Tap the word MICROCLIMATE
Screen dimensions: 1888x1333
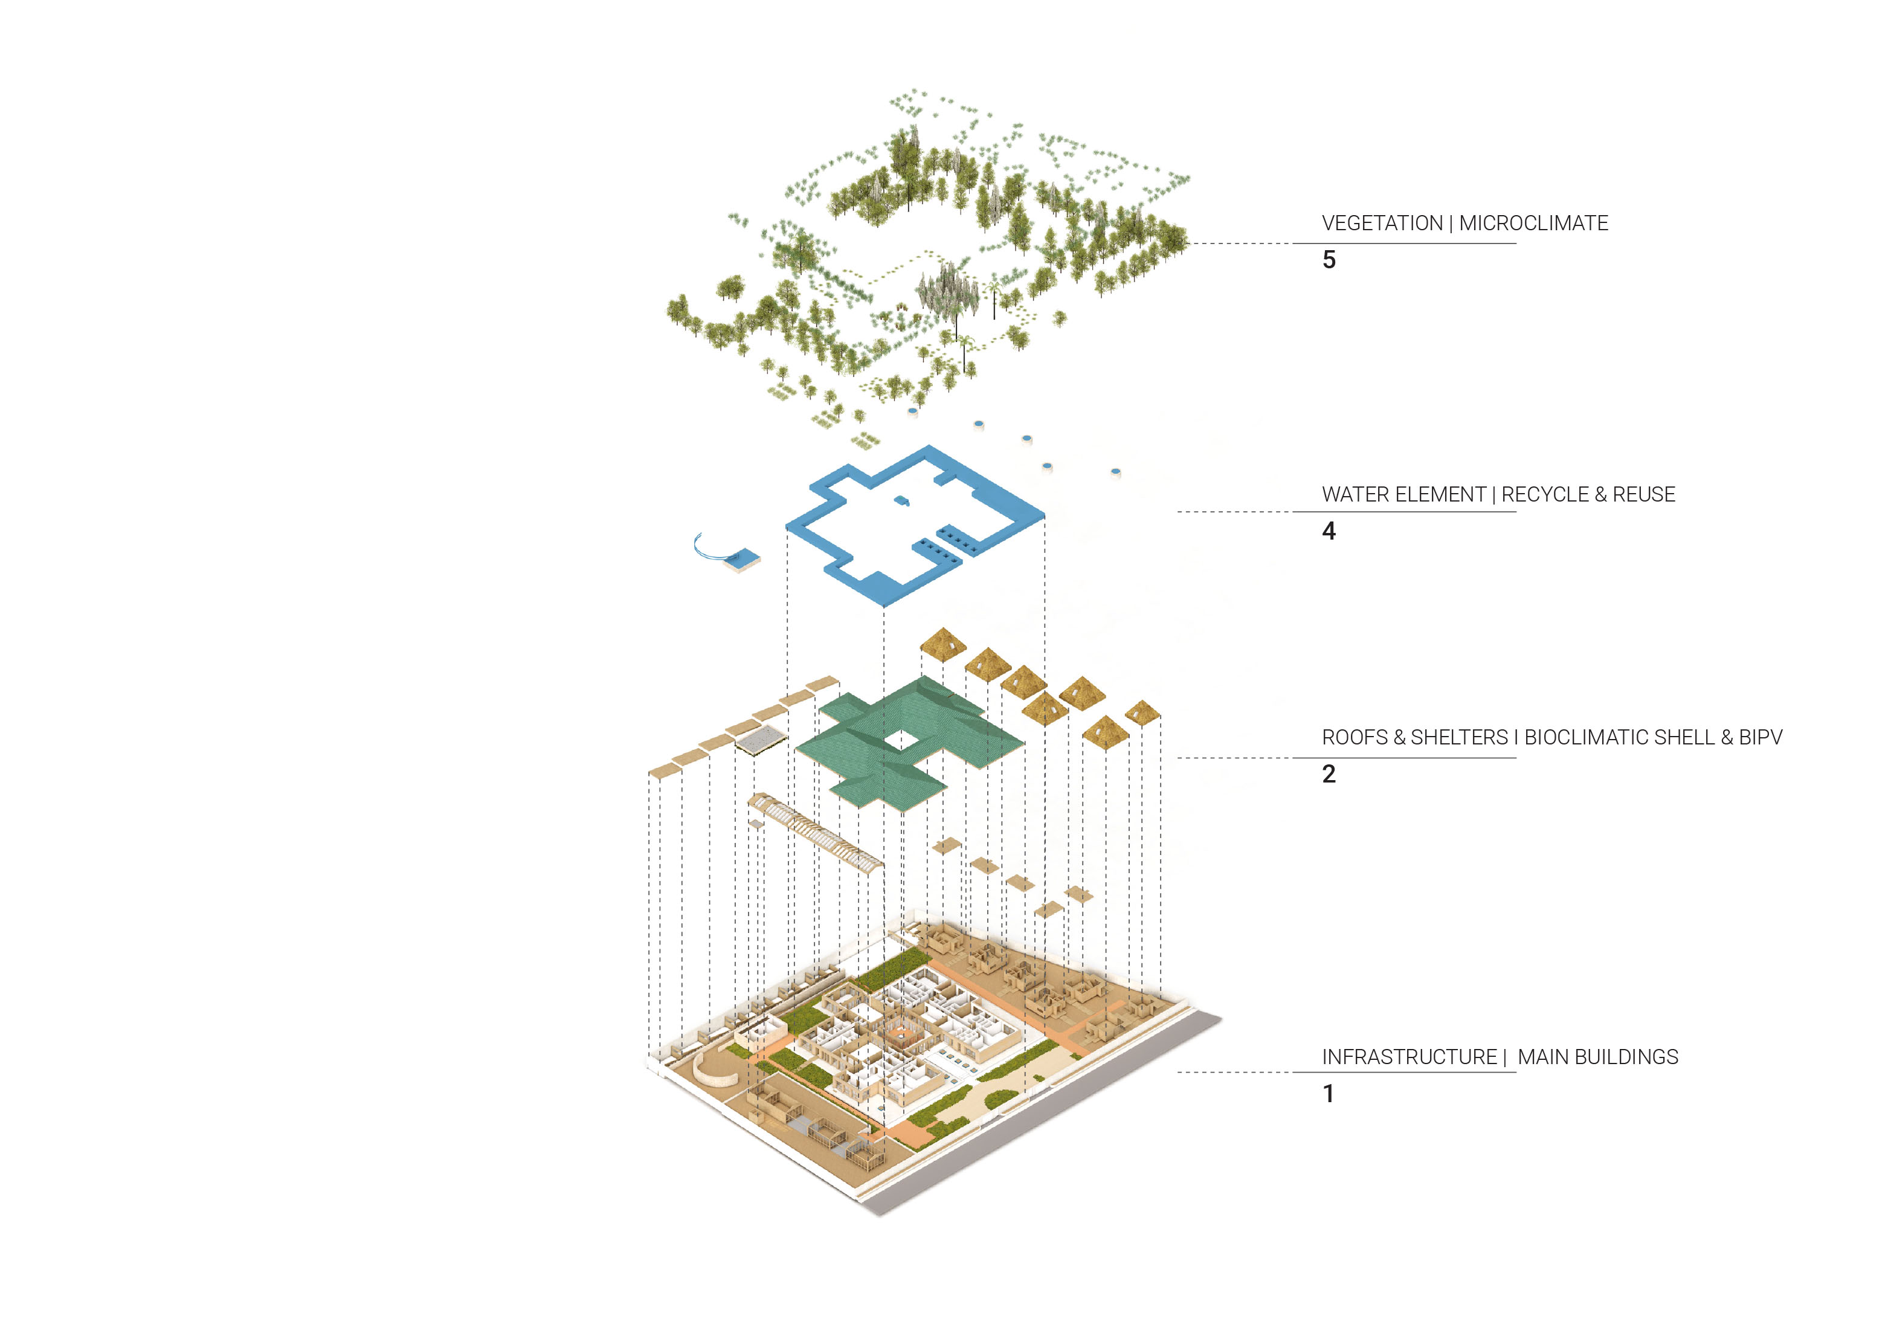1533,223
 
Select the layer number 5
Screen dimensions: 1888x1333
1329,260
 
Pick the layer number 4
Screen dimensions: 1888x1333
1329,531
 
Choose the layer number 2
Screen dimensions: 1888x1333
1329,774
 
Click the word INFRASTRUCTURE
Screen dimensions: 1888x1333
1410,1057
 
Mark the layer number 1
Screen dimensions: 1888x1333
1328,1094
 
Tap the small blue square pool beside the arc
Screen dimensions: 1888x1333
743,558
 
